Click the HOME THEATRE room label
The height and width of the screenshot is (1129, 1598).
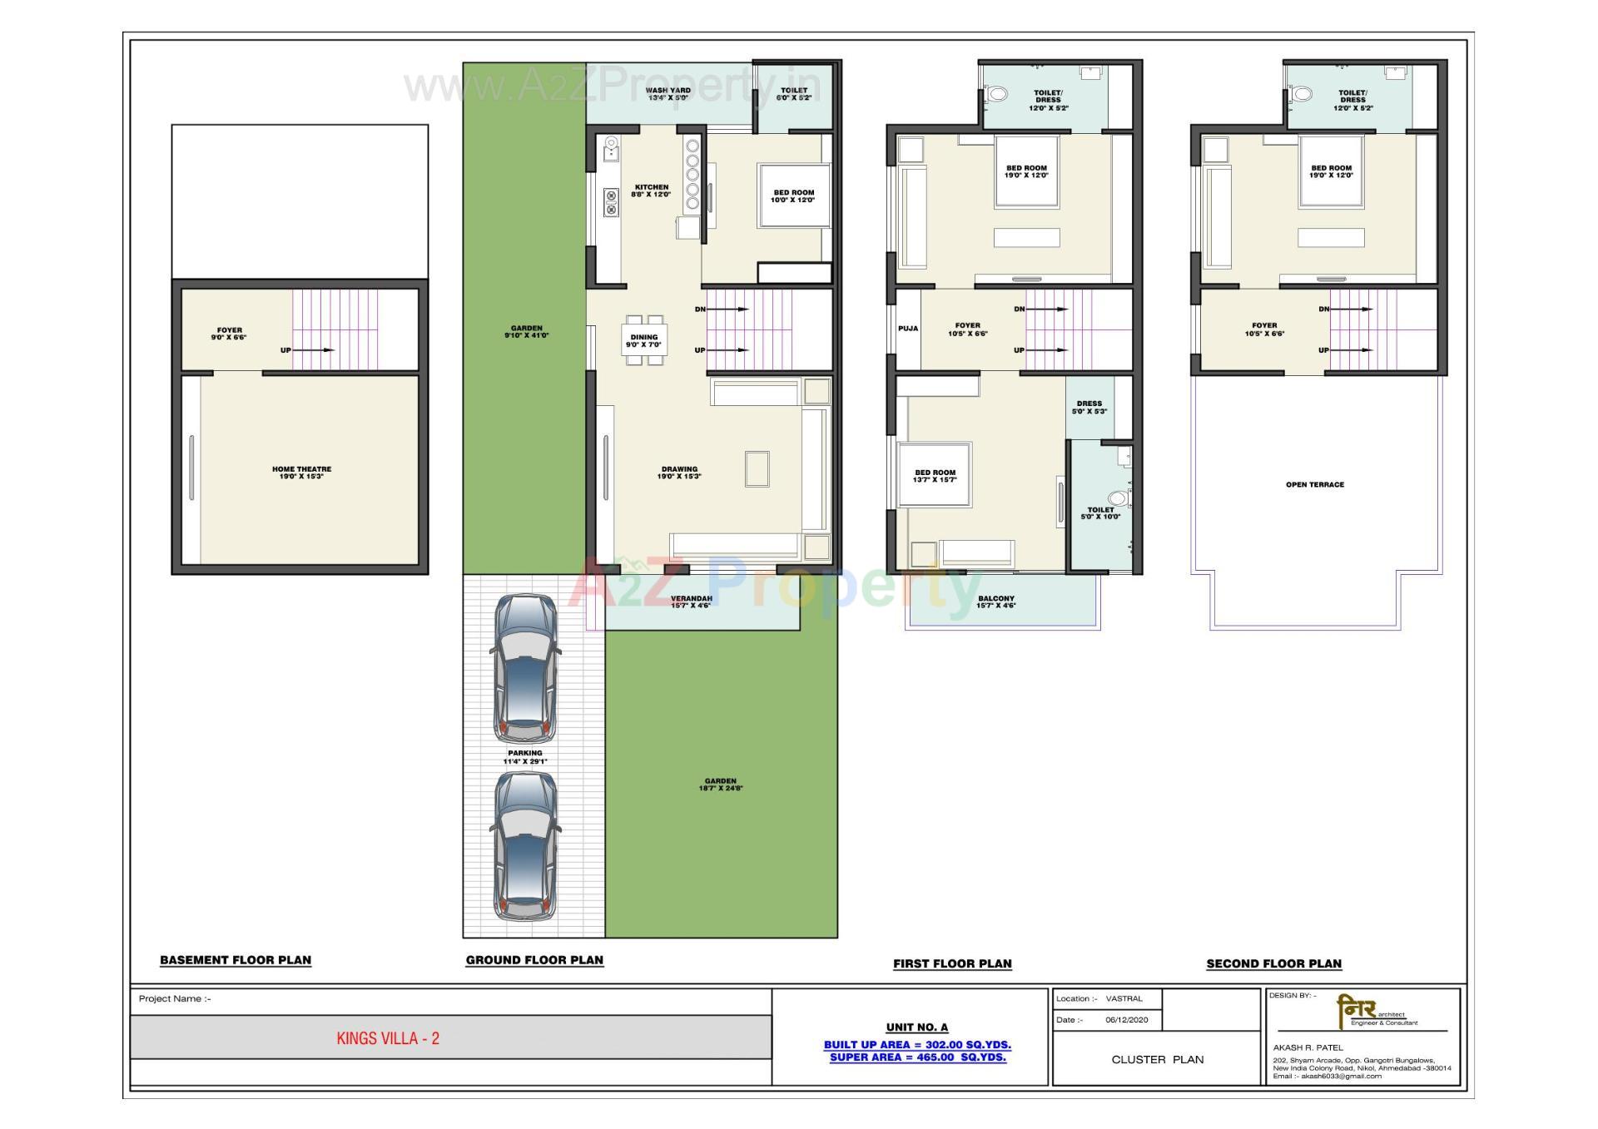click(x=301, y=473)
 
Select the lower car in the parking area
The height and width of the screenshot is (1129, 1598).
click(x=525, y=846)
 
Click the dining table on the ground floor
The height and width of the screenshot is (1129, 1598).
click(x=644, y=340)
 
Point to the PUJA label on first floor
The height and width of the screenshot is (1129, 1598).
click(x=908, y=329)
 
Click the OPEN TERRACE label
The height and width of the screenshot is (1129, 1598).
click(x=1314, y=484)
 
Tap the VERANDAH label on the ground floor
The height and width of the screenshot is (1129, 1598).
click(x=691, y=602)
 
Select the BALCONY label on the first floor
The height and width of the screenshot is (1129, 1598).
click(x=996, y=602)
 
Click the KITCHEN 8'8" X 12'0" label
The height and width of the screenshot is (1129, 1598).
click(x=650, y=191)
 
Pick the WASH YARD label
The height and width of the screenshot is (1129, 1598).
click(x=667, y=94)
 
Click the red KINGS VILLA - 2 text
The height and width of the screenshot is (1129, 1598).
click(x=388, y=1038)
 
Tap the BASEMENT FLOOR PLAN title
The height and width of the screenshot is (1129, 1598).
click(x=236, y=960)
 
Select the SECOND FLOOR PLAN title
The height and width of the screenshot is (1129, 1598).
click(x=1273, y=963)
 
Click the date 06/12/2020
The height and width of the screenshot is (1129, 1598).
click(x=1126, y=1020)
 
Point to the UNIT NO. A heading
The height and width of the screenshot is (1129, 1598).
click(x=916, y=1027)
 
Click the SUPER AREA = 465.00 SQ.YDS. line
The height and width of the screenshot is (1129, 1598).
click(x=917, y=1057)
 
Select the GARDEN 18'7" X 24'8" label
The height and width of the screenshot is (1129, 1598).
click(x=721, y=785)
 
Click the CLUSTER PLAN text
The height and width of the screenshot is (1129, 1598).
click(x=1157, y=1059)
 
